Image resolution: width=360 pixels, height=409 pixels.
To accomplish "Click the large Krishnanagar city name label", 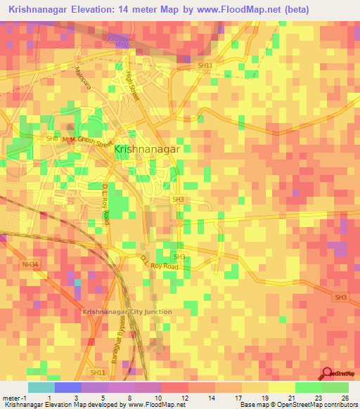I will coord(147,150).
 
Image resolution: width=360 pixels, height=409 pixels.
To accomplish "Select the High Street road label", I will coord(132,87).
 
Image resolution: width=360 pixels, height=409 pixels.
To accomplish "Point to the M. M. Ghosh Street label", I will coord(86,141).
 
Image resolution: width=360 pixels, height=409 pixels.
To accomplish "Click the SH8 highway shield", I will coord(52,139).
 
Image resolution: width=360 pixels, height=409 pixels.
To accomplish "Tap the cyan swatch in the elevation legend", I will coord(41,387).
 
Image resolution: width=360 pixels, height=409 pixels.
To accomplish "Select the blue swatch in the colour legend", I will coord(67,387).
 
